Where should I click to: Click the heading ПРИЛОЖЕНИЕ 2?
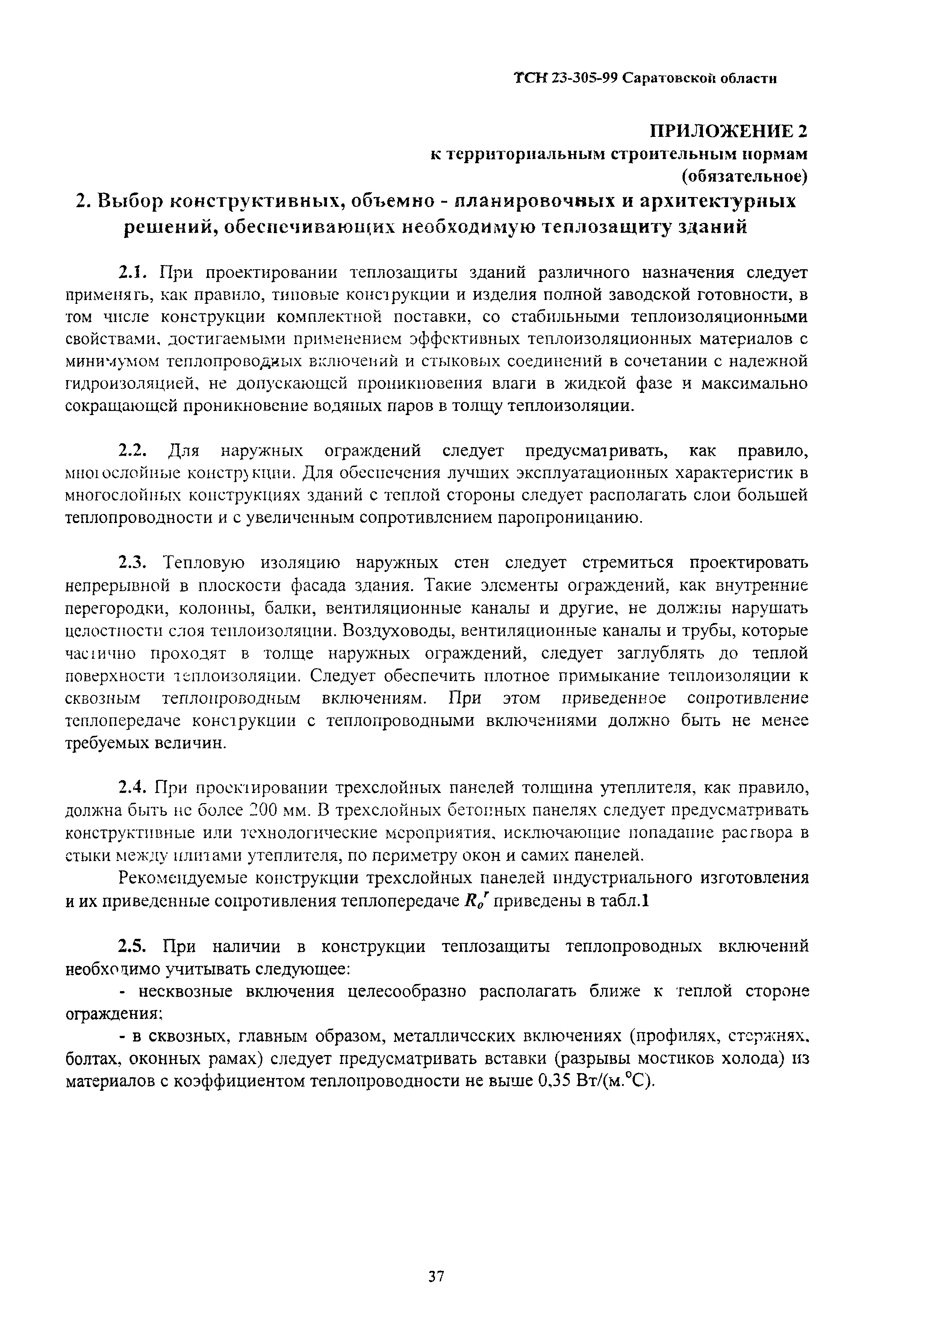pos(729,132)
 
